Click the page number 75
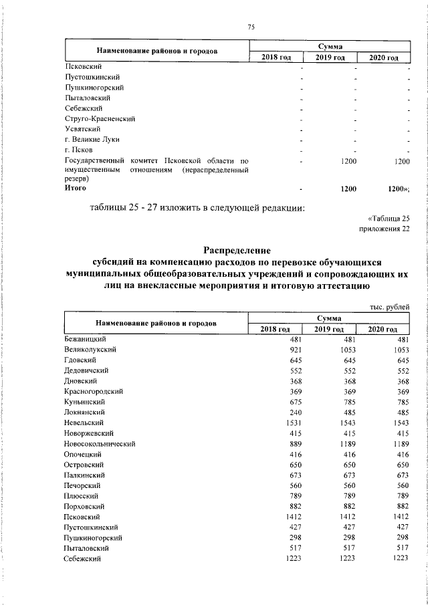click(x=251, y=27)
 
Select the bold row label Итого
click(x=75, y=189)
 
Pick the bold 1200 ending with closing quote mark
click(x=397, y=190)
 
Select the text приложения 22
click(x=384, y=229)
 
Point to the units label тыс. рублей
click(x=389, y=306)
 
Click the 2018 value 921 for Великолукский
click(x=297, y=350)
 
